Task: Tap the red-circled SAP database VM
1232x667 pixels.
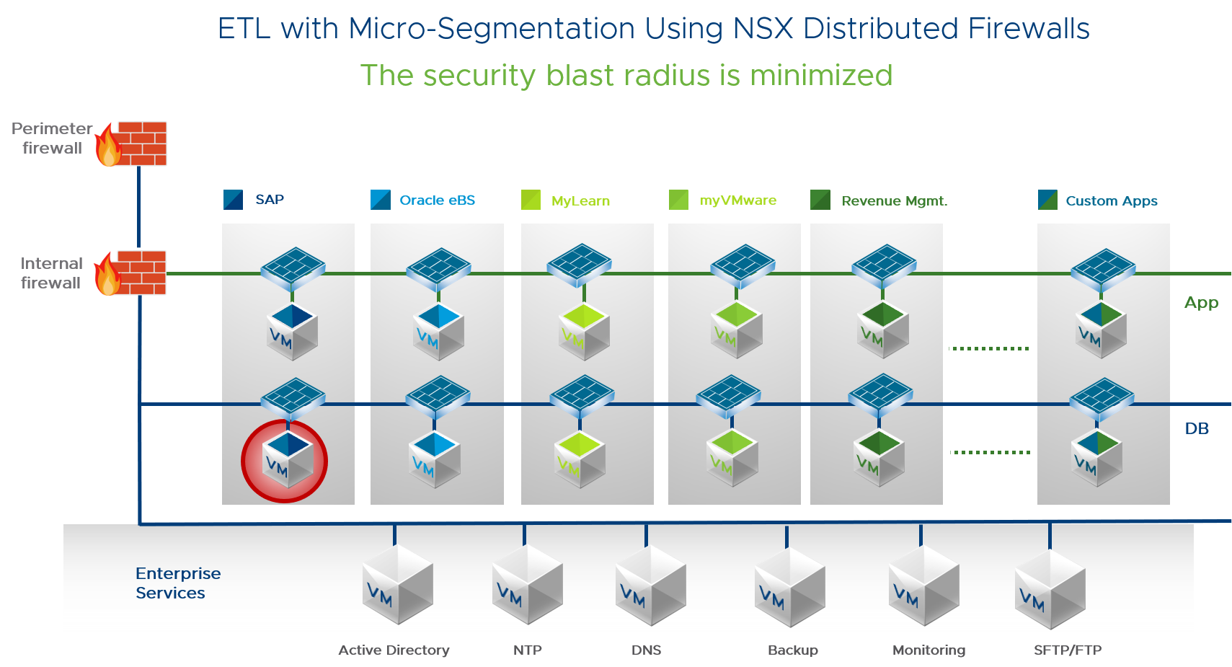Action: (285, 461)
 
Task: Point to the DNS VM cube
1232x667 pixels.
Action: (650, 585)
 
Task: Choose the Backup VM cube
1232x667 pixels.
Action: (789, 586)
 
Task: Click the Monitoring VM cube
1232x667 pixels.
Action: (923, 586)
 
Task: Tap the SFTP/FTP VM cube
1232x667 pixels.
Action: (1050, 588)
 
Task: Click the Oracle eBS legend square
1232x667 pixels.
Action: (380, 200)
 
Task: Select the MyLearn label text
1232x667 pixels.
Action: (580, 201)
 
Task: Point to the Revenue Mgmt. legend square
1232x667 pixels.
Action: (820, 200)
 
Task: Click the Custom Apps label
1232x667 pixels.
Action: (1112, 201)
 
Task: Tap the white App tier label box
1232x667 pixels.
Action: (1198, 302)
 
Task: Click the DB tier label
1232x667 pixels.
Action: (1197, 428)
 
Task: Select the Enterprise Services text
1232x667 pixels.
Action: (178, 583)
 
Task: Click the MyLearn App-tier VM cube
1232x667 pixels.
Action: (585, 332)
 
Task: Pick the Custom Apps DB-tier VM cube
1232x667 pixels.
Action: (1096, 459)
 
